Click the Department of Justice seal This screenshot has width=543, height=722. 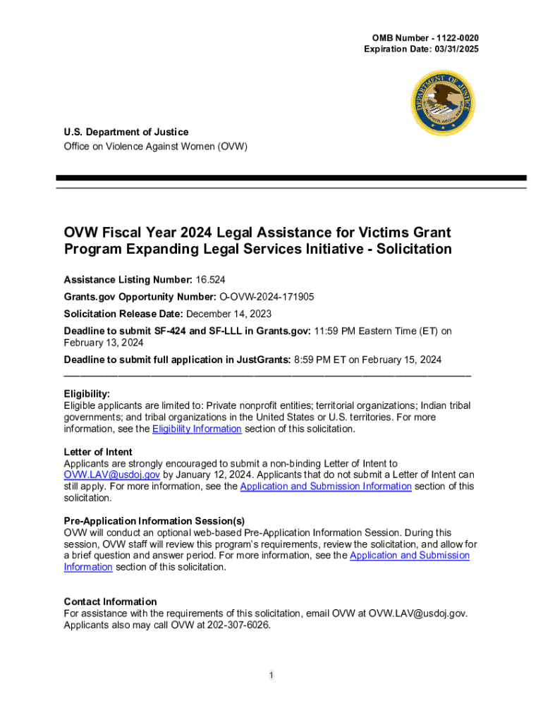[443, 103]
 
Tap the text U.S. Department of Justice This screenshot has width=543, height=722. [126, 132]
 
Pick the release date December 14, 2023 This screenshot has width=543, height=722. [229, 314]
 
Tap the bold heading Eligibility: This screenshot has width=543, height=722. [87, 394]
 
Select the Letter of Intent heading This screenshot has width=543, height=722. [98, 452]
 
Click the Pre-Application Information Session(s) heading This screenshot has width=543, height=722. [154, 521]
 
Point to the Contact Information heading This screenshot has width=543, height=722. [110, 601]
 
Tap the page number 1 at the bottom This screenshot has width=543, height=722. [271, 675]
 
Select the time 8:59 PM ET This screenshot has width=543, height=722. [319, 360]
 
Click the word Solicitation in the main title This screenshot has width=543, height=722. [408, 249]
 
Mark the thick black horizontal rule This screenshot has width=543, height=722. [291, 178]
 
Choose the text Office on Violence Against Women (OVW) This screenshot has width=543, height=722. [156, 147]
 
